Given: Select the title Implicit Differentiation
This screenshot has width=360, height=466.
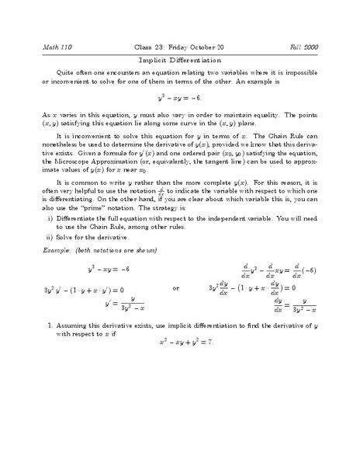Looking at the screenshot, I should click(180, 59).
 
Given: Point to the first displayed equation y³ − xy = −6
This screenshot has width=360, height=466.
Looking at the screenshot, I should click(181, 99).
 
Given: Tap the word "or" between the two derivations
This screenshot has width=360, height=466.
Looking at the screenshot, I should click(176, 288).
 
